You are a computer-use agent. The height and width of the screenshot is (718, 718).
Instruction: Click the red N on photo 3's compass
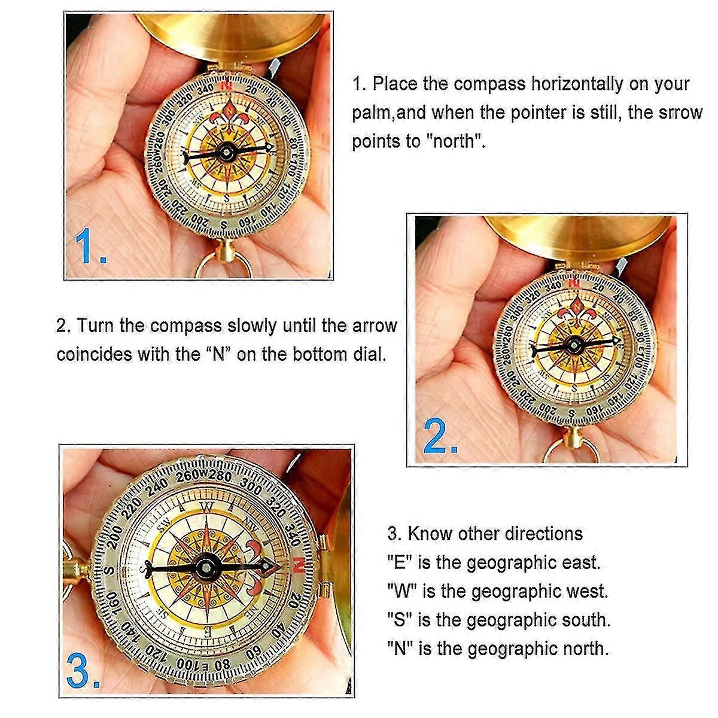coord(300,564)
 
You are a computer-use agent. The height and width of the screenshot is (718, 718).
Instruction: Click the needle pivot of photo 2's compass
coord(576,345)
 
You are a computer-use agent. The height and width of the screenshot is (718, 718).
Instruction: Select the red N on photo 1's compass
coord(227,86)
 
